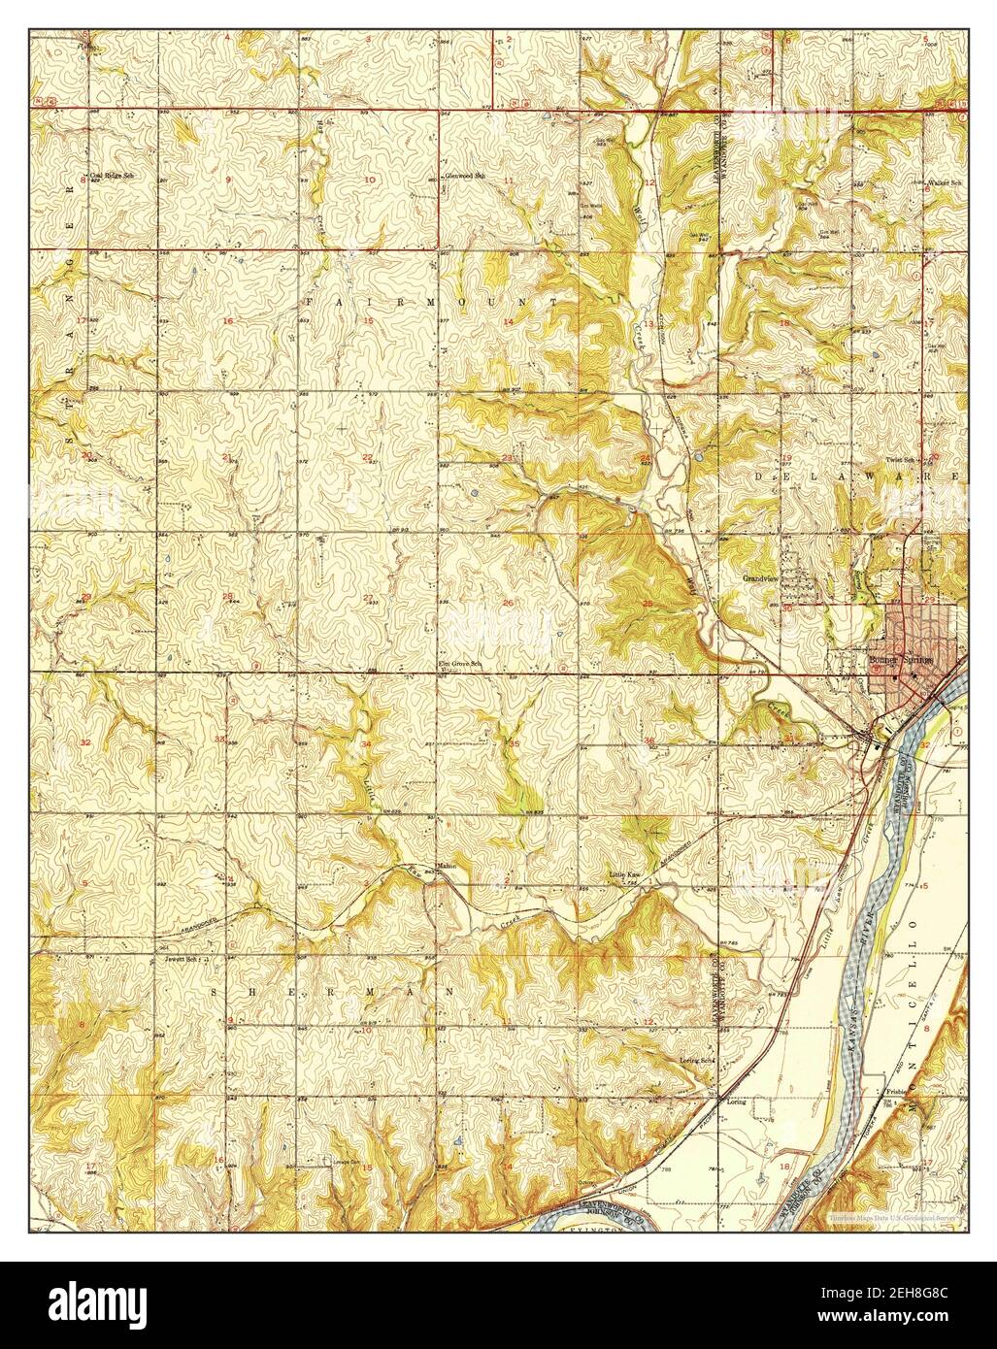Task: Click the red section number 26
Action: tap(508, 603)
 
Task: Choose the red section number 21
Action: tap(227, 456)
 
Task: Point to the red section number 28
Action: tap(227, 597)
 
